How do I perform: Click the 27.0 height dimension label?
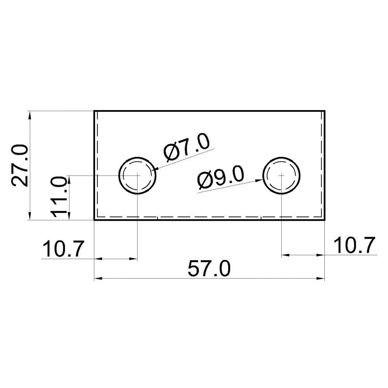pos(20,166)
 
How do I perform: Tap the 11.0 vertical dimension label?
pos(59,197)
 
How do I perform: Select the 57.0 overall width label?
pos(209,269)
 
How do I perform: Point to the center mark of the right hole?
pos(282,175)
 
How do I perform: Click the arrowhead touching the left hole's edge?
pos(156,170)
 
